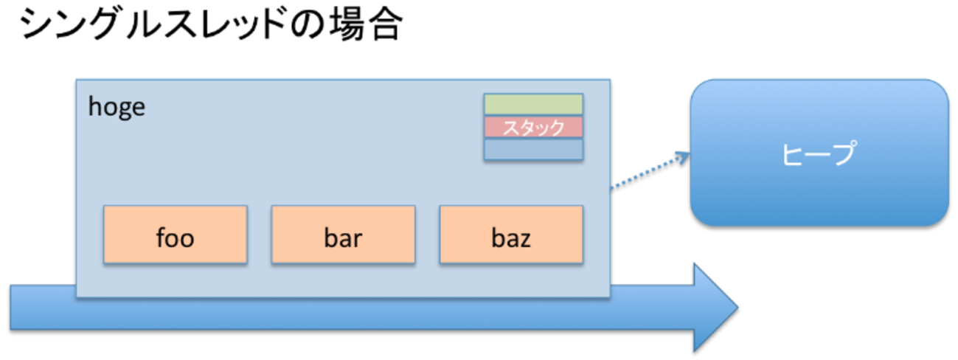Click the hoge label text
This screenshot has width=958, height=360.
pos(117,108)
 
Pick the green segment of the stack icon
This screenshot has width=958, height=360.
pos(533,104)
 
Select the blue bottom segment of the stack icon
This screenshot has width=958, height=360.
pos(533,149)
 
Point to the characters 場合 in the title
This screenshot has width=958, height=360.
pos(363,27)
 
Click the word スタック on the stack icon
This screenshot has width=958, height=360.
pos(533,127)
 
